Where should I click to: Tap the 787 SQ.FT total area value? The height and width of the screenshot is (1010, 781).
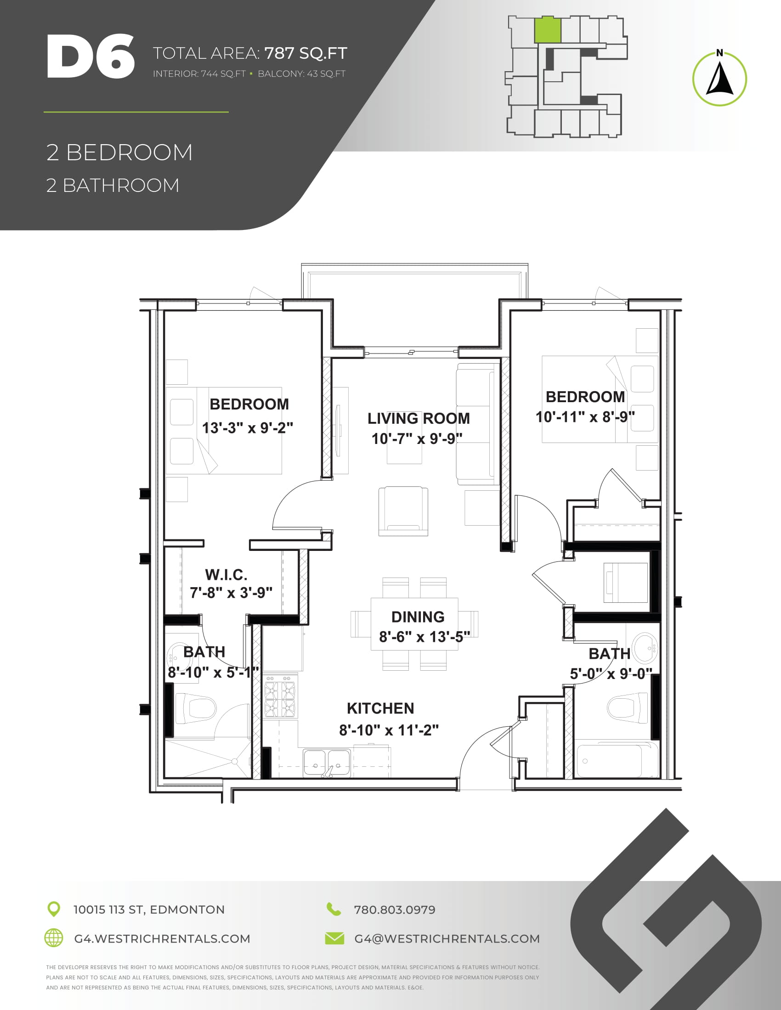[x=306, y=53]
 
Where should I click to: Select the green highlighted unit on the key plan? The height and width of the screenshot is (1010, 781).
[x=548, y=30]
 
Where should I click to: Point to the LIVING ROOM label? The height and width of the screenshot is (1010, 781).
[x=419, y=418]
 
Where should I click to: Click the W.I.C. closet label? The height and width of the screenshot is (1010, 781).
[x=226, y=575]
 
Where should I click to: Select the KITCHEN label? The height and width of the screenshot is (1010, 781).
[x=380, y=708]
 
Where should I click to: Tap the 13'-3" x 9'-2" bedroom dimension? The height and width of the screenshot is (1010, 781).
[x=248, y=428]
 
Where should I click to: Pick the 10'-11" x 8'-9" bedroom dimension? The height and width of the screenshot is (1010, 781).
[x=585, y=417]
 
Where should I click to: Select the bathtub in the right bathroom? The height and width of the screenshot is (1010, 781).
[x=617, y=760]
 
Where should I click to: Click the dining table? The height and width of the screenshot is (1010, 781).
[x=414, y=624]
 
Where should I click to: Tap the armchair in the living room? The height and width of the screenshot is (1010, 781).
[x=403, y=511]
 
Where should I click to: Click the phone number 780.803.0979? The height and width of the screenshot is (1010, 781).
[x=395, y=910]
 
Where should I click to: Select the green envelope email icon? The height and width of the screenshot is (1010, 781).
[x=334, y=938]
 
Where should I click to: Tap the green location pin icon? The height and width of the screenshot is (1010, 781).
[x=54, y=909]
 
